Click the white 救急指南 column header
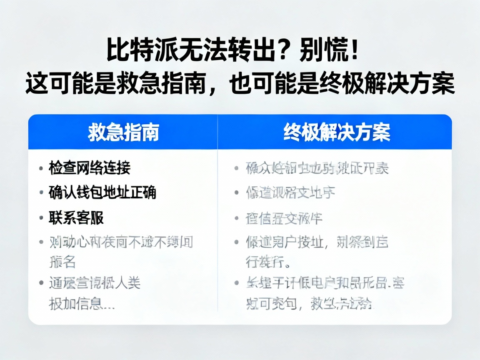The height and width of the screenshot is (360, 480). pos(123,132)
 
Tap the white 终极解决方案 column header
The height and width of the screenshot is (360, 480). pos(337,132)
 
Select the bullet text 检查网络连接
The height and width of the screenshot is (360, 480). pos(90,168)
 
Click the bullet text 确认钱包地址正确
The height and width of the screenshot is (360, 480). pos(102,192)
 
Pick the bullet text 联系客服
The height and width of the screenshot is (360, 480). pos(76,217)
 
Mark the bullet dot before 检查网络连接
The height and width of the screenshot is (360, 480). pos(41,168)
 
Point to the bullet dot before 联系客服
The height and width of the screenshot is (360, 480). pos(41,218)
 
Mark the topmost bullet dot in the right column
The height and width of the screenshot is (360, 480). pos(237,169)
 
